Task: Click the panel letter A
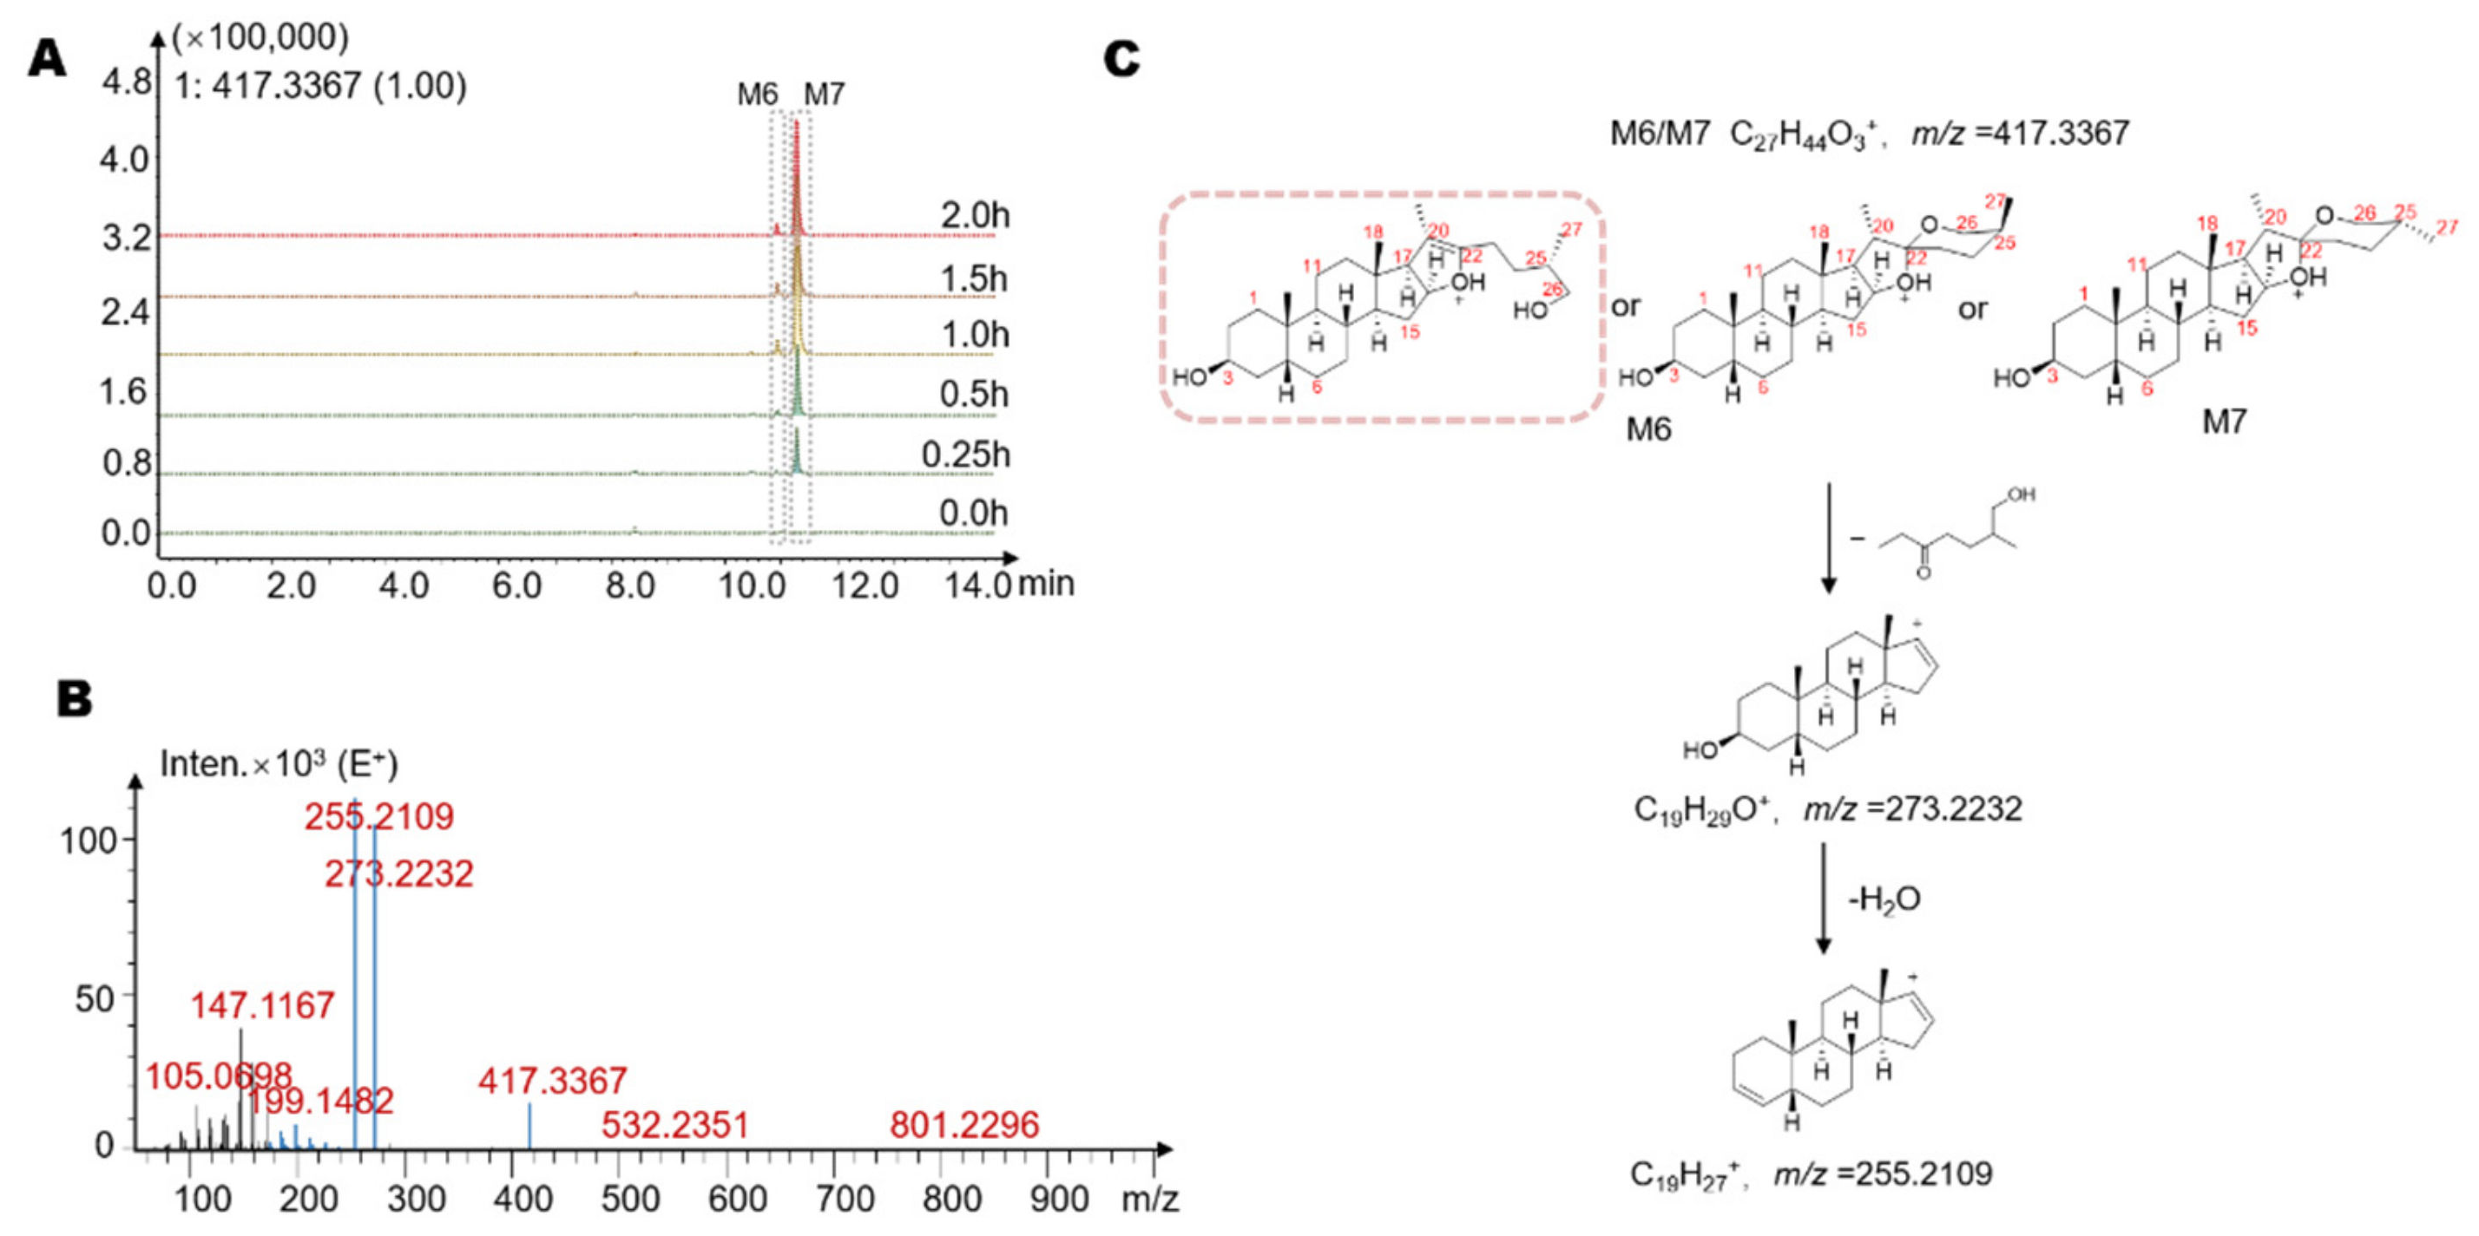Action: coord(46,60)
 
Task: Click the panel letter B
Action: coord(74,699)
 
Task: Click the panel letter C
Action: coord(1122,60)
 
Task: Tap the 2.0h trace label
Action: coord(975,215)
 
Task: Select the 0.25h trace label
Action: coord(965,454)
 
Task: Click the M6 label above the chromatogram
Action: coord(758,95)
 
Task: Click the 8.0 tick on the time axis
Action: coord(630,585)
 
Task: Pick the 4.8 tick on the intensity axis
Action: coord(127,82)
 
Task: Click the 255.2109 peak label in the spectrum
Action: coord(379,816)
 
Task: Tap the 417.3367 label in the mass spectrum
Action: coord(552,1081)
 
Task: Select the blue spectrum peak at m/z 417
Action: coord(529,1125)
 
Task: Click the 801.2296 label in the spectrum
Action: coord(964,1124)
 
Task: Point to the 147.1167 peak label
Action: coord(262,1006)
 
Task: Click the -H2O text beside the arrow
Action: coord(1884,899)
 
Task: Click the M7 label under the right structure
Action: coord(2224,422)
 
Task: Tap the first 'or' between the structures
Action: coord(1626,307)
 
